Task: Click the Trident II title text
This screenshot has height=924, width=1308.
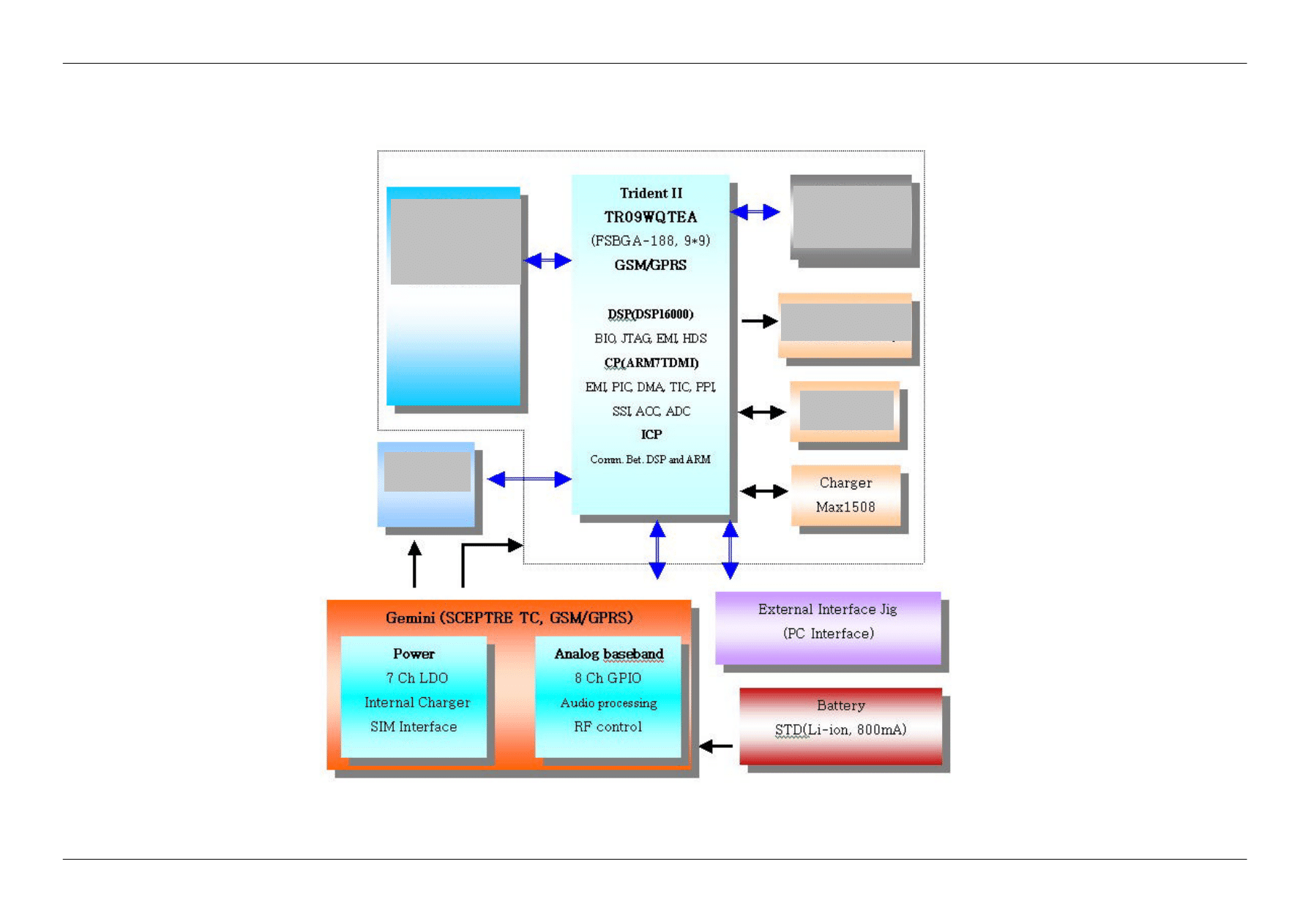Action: tap(651, 193)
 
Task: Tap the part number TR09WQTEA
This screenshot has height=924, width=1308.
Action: tap(651, 217)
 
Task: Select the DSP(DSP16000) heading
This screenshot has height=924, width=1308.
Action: tap(651, 315)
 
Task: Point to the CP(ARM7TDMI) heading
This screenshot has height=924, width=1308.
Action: tap(651, 363)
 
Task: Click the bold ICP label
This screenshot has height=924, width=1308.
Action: tap(651, 435)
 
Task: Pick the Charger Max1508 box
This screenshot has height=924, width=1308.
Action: tap(845, 495)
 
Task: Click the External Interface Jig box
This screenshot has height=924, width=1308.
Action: tap(828, 628)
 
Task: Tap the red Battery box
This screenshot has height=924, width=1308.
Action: tap(840, 725)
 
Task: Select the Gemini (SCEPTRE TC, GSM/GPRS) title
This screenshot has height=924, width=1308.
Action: tap(509, 618)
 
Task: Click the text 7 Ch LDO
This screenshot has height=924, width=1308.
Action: tap(416, 678)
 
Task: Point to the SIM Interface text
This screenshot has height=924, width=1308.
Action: tap(414, 727)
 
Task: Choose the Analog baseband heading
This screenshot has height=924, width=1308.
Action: tap(608, 654)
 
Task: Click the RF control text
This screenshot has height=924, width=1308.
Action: tap(608, 727)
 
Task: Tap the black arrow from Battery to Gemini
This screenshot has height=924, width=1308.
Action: tap(715, 746)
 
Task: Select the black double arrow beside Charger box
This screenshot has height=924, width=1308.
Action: tap(763, 492)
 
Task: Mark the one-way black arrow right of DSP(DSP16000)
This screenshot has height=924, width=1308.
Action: tap(759, 321)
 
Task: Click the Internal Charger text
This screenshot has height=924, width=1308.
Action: tap(417, 703)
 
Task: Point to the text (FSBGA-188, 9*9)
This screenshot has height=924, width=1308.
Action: tap(651, 241)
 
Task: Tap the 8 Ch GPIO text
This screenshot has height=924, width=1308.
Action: tap(608, 678)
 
